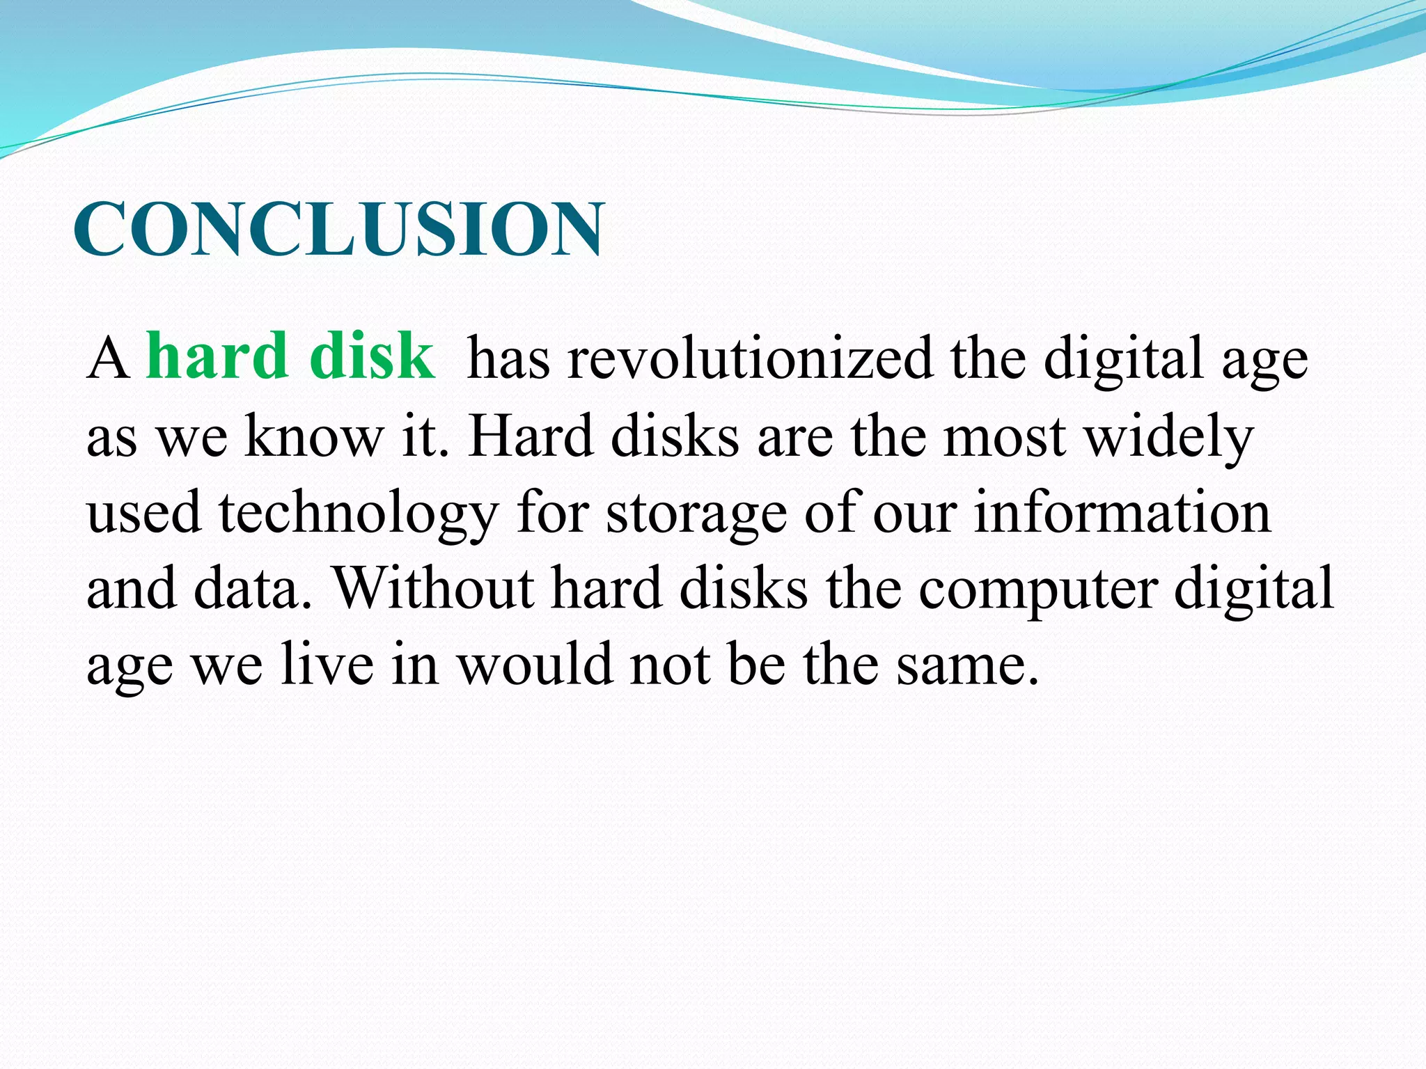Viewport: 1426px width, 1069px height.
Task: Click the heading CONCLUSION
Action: click(x=338, y=229)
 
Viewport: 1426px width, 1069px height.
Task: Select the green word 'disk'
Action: click(x=372, y=356)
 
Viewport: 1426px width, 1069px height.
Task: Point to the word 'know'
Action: click(x=314, y=436)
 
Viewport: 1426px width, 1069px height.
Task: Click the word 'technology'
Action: click(x=359, y=514)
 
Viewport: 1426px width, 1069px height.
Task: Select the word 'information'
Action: click(x=1122, y=512)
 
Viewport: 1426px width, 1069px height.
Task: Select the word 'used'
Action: click(x=143, y=512)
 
